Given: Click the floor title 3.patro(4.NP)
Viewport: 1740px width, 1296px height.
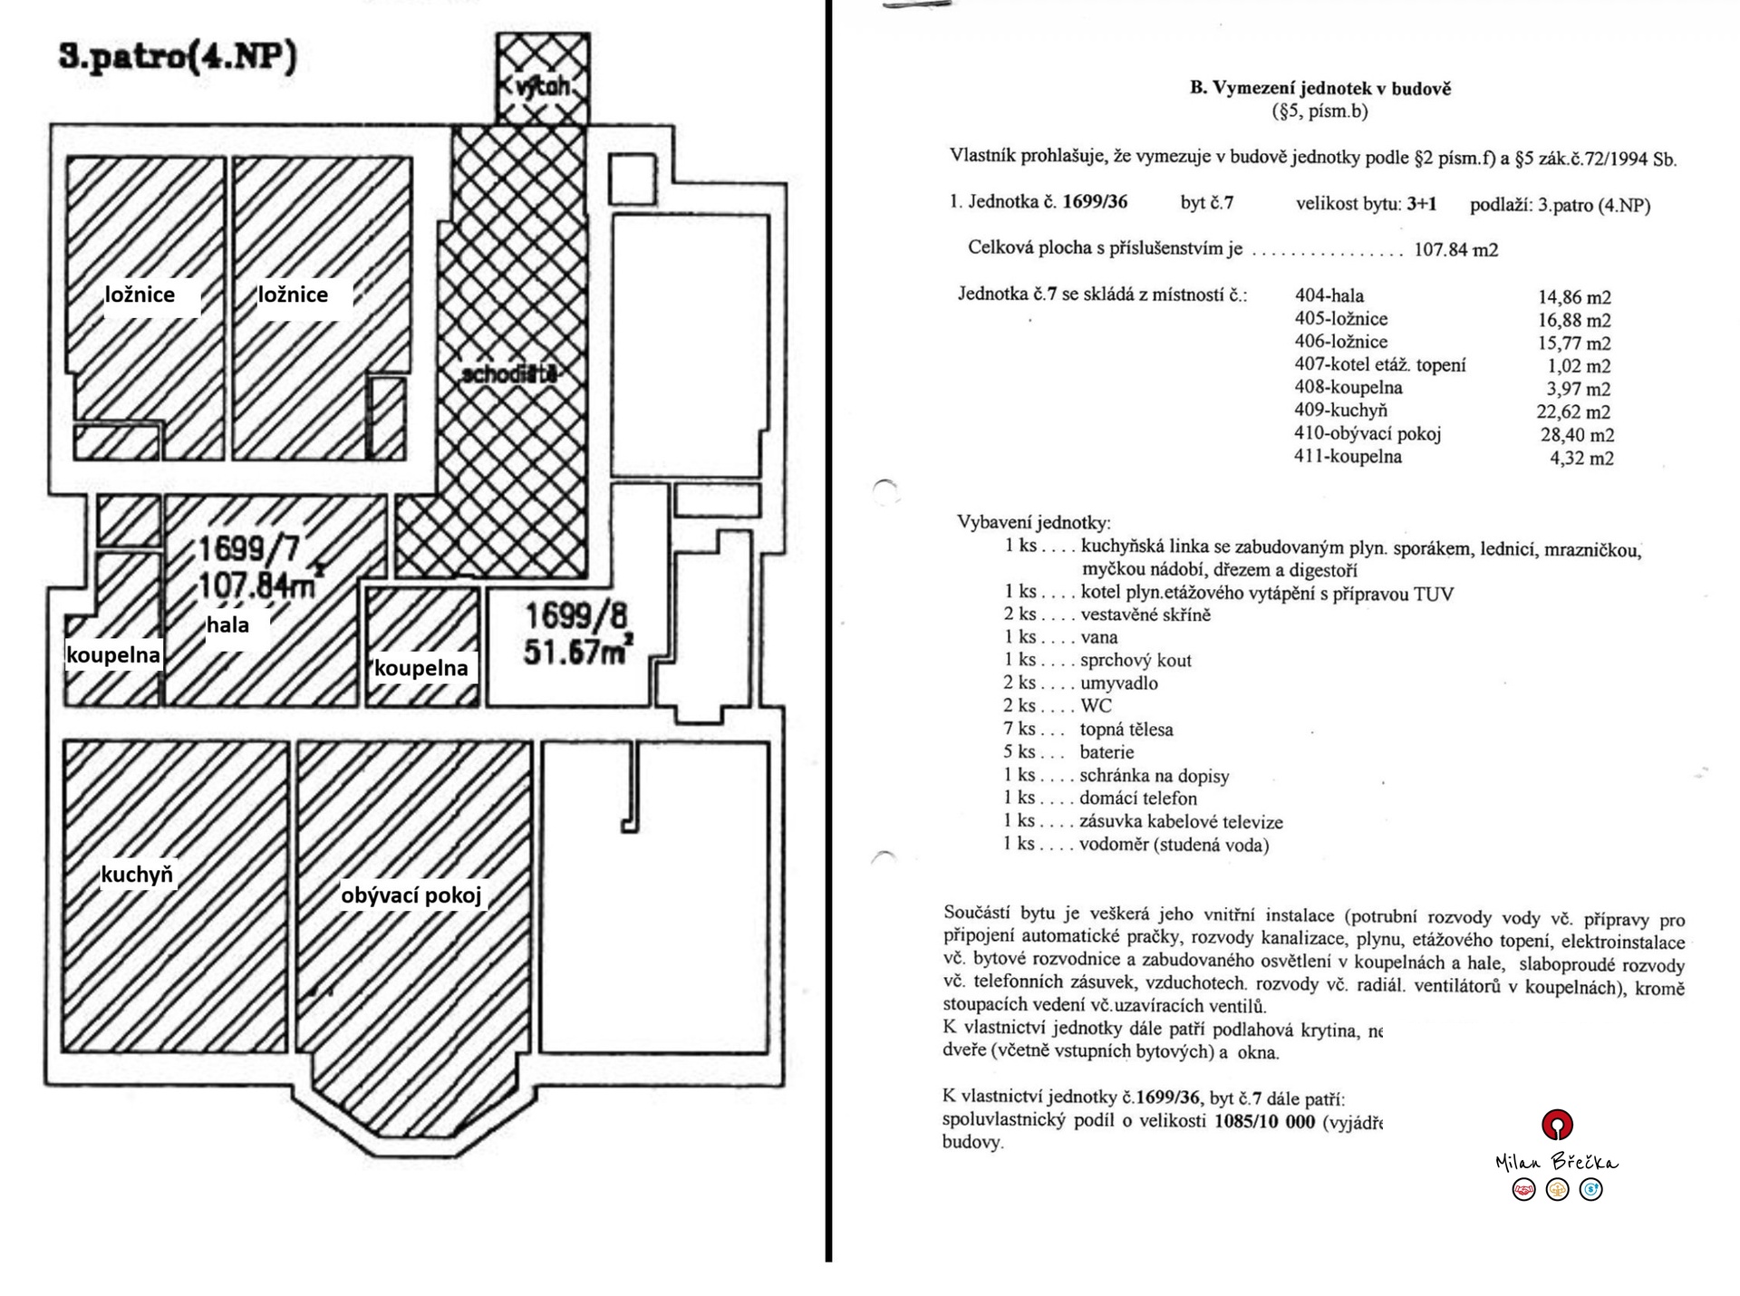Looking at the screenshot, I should point(178,57).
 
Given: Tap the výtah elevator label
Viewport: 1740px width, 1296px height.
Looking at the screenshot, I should point(542,86).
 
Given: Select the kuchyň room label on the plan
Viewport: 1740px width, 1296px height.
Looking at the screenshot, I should point(136,875).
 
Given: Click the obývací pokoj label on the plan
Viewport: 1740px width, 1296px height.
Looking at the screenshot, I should point(411,895).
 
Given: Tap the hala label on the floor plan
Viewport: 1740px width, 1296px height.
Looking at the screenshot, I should point(227,624).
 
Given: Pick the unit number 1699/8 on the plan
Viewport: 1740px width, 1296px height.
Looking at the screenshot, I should point(576,616).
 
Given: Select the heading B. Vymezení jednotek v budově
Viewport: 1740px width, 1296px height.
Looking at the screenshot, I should point(1319,88).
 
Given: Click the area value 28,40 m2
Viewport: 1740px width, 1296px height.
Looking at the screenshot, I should point(1577,435).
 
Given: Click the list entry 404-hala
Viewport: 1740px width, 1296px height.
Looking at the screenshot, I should point(1329,295).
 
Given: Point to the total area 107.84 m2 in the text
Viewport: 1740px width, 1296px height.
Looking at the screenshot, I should point(1455,249).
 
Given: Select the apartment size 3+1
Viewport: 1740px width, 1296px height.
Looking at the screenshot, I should point(1421,203).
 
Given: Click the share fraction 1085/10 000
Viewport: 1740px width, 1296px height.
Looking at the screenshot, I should point(1264,1120).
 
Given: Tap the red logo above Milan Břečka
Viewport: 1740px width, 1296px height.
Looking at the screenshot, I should point(1557,1125).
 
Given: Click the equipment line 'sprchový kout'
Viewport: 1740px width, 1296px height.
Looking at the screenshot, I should point(1136,660).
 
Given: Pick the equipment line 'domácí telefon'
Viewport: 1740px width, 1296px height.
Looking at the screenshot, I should point(1137,798).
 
